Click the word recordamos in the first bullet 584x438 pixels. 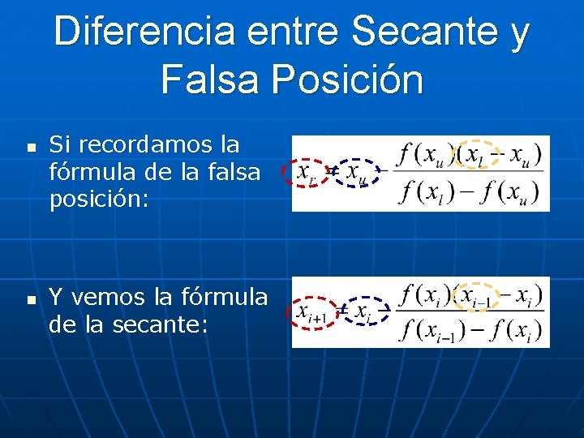(154, 145)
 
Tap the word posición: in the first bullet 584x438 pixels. (100, 199)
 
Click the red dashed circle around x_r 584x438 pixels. (307, 173)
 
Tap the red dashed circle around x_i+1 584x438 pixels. (312, 311)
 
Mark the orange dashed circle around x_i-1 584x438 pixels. (479, 295)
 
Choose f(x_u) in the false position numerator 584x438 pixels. (424, 152)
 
